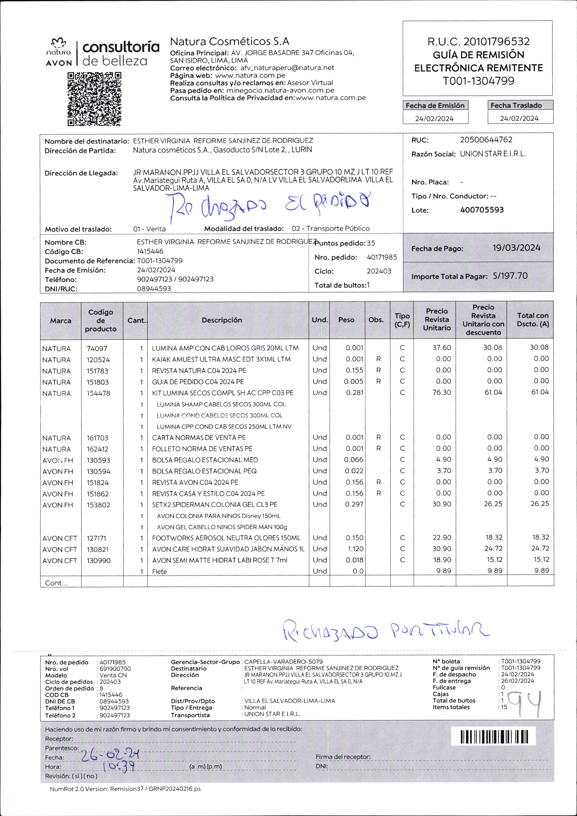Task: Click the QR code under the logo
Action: pos(94,99)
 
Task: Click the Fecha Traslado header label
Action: pos(516,105)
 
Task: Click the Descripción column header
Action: pos(222,320)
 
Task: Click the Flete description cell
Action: pos(159,571)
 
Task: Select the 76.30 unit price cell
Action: pos(441,392)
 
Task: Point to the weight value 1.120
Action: pos(355,549)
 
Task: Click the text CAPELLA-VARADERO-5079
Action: pos(283,662)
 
